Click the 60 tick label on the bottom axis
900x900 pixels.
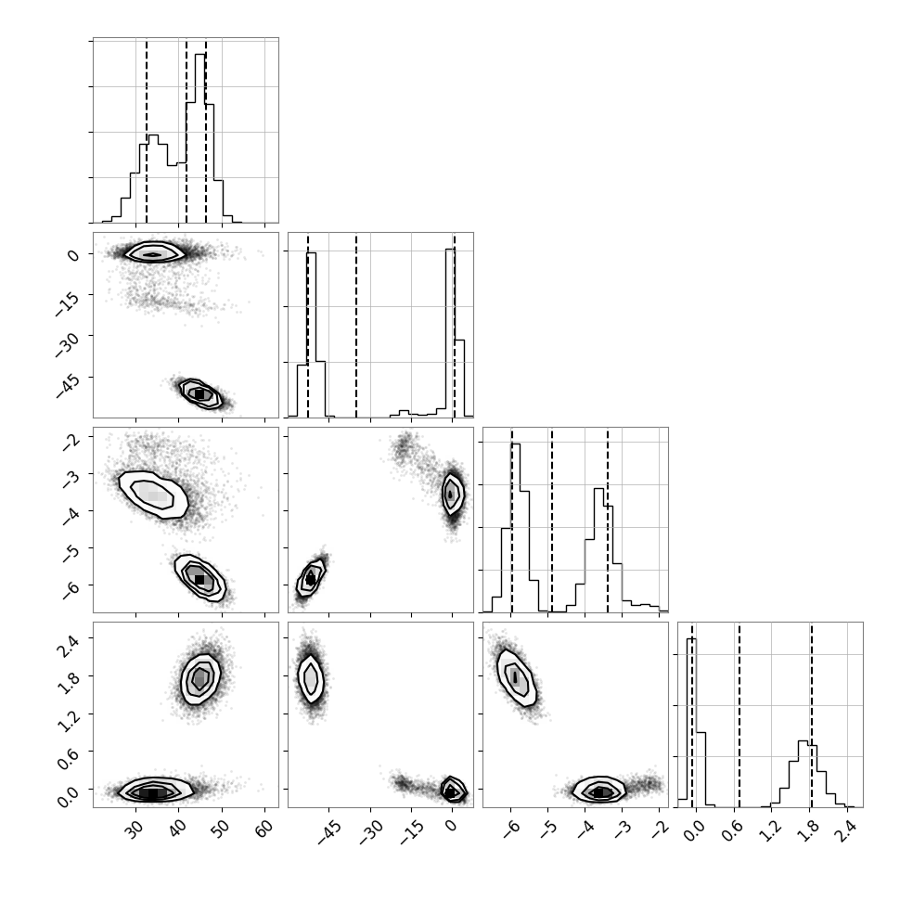(264, 829)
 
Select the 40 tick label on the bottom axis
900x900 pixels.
(178, 829)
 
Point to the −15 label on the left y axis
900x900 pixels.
(67, 302)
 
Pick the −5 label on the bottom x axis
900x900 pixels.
(548, 829)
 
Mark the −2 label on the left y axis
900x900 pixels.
(70, 441)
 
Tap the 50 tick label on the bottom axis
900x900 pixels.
(221, 829)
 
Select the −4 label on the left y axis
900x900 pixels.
(70, 515)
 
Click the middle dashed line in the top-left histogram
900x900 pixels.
(186, 130)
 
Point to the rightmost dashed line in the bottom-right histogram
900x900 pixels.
(812, 714)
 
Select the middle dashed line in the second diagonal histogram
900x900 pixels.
(356, 325)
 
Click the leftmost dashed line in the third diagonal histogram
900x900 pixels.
(512, 520)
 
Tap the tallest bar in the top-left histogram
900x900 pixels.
(199, 138)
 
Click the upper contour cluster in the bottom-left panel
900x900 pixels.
(200, 678)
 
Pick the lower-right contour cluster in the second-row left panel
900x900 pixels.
(200, 393)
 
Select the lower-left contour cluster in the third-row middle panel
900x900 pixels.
(311, 577)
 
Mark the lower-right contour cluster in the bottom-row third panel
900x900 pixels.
(599, 791)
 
